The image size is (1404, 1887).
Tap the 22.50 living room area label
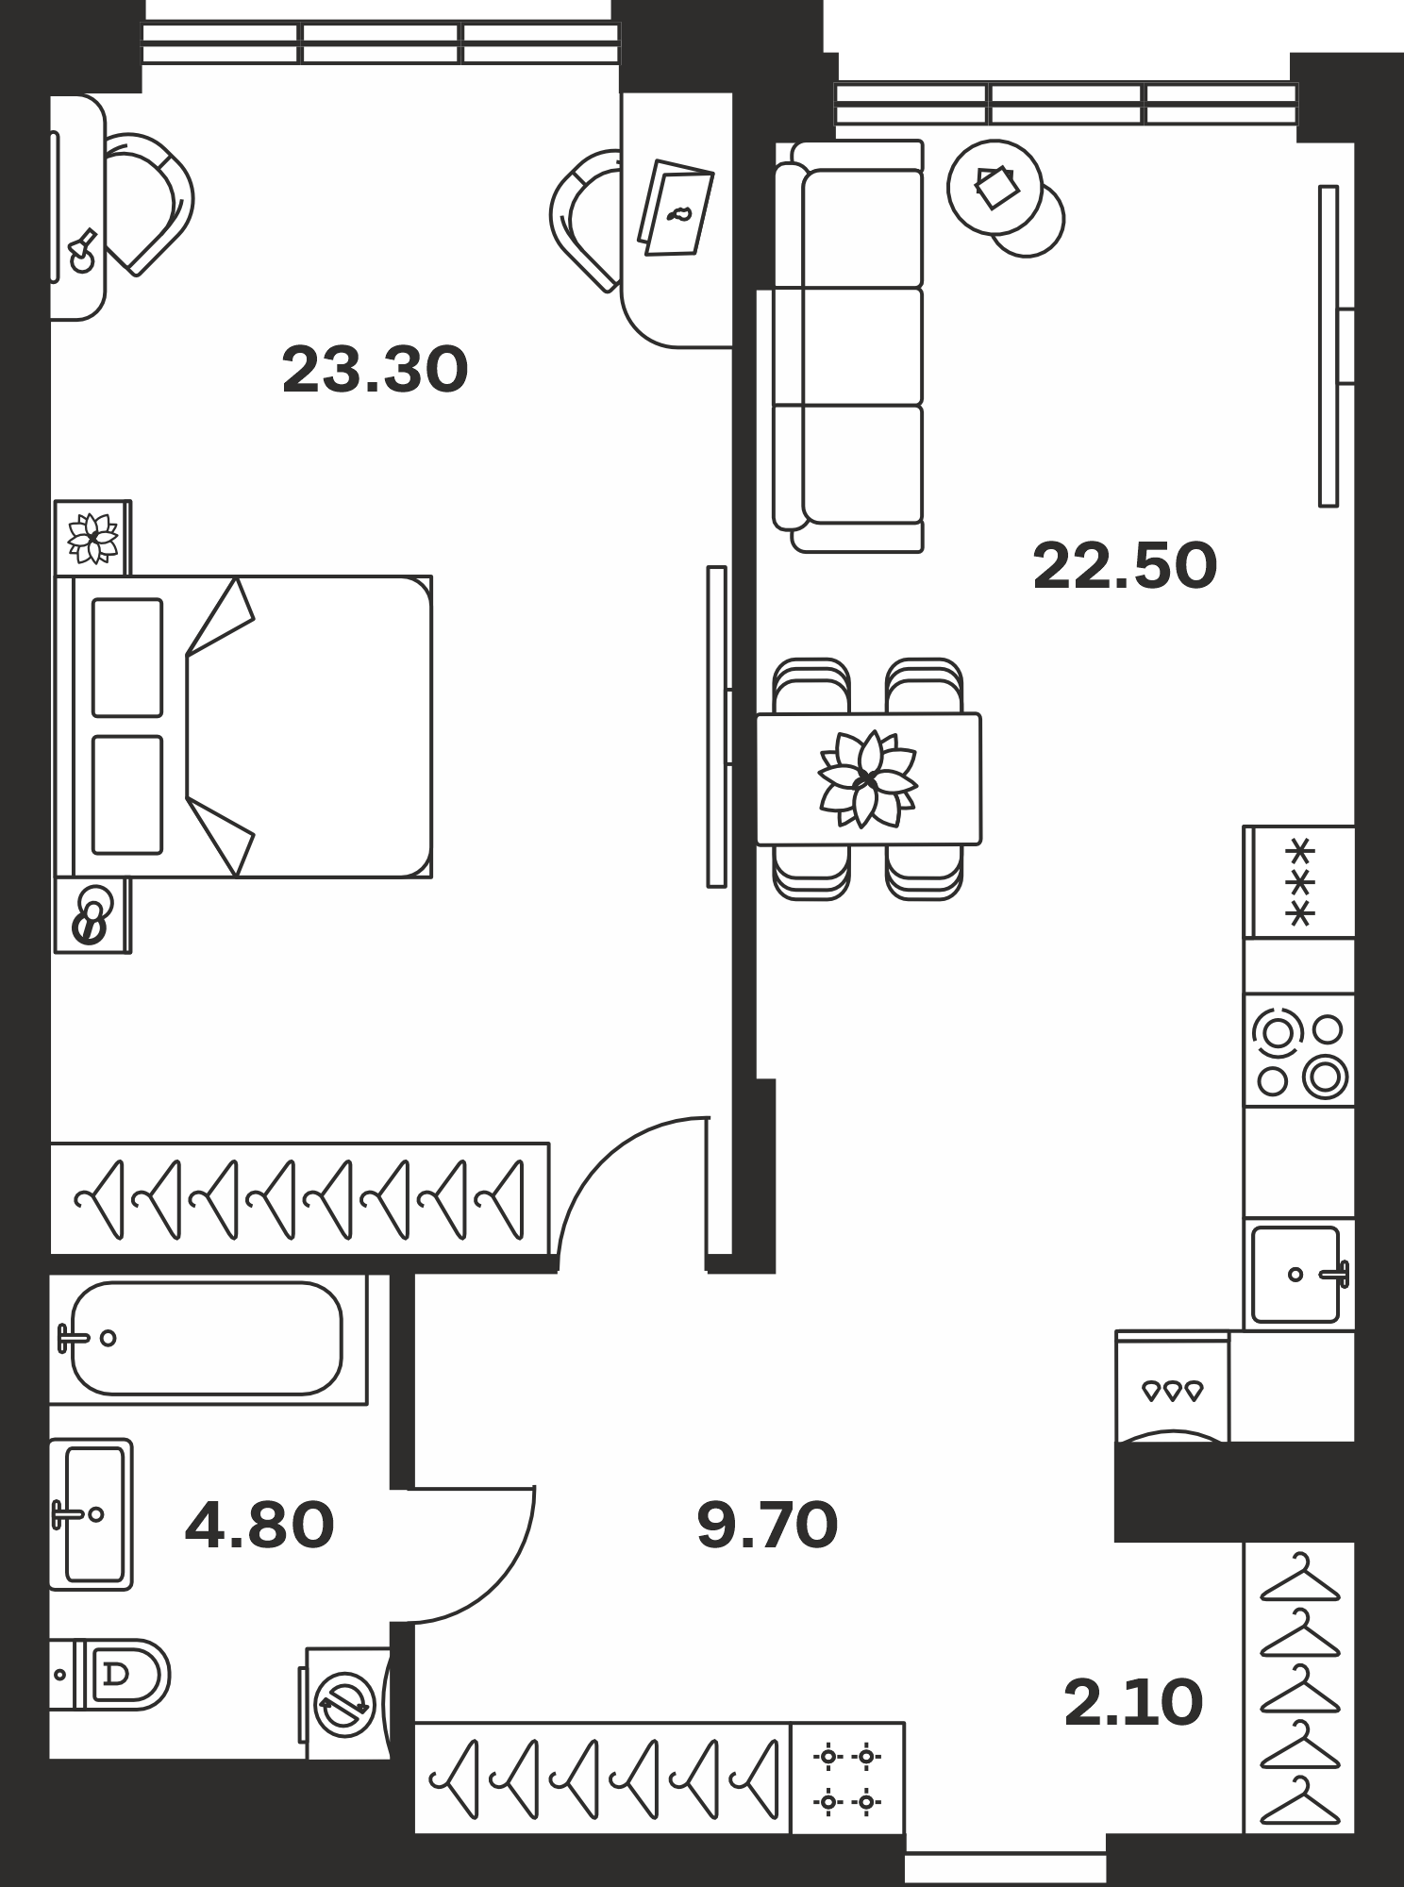pos(1125,566)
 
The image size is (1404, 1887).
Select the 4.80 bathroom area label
pos(259,1526)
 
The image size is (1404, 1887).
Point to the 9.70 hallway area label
pos(767,1526)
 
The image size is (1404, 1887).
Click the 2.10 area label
pos(1133,1703)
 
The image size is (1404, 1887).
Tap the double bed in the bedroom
pos(243,726)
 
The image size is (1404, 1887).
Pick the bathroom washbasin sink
pos(91,1514)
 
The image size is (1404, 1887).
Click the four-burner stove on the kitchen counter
pos(1299,1050)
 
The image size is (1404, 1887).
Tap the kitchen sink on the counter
pos(1299,1274)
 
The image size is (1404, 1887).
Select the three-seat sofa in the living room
pos(847,346)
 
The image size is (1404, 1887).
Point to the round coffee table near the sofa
pos(995,187)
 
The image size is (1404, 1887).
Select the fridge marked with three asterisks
pos(1299,882)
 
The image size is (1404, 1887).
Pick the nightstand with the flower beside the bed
pos(92,538)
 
